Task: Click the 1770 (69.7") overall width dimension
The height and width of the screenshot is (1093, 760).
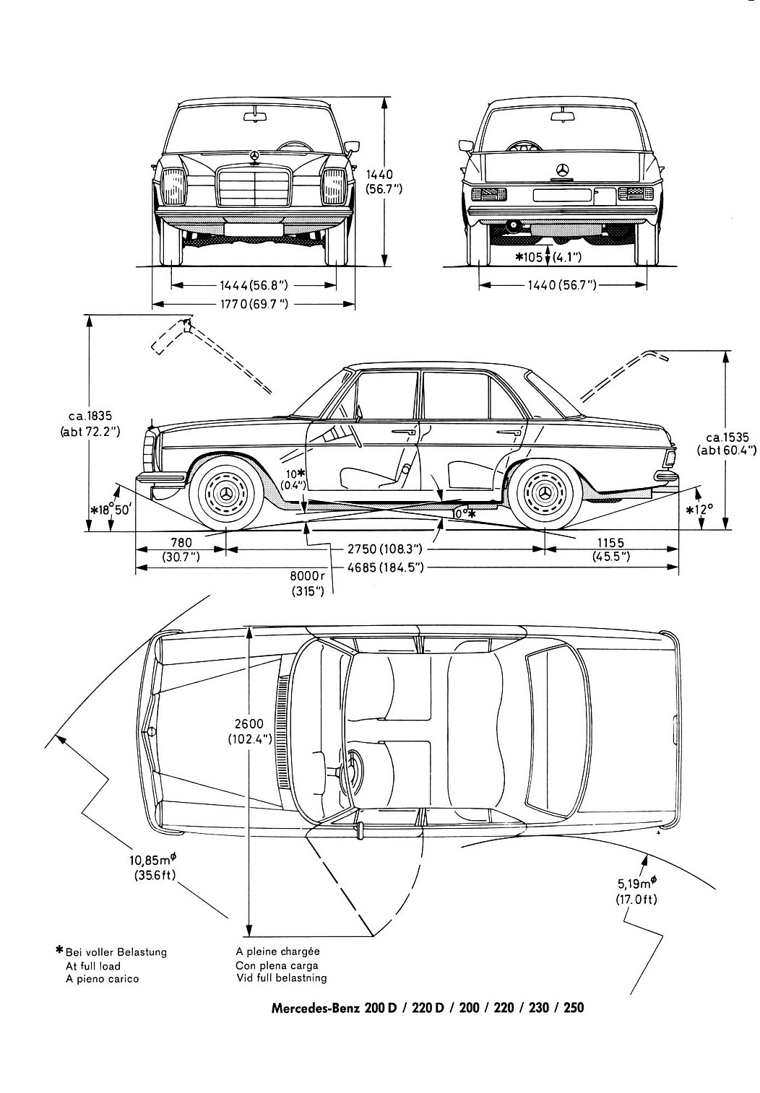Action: tap(254, 305)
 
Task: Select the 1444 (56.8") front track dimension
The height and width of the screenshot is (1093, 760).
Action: tap(254, 285)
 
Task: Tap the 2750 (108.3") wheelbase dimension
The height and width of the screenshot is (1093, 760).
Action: tap(384, 549)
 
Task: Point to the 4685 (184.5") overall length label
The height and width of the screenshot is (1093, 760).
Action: tap(385, 567)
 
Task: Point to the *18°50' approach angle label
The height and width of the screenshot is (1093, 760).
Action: tap(111, 510)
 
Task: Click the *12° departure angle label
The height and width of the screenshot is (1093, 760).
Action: tap(699, 510)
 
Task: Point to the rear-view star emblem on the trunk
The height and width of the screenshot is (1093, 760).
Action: tap(563, 170)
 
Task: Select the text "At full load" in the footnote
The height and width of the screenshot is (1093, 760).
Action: tap(92, 965)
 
